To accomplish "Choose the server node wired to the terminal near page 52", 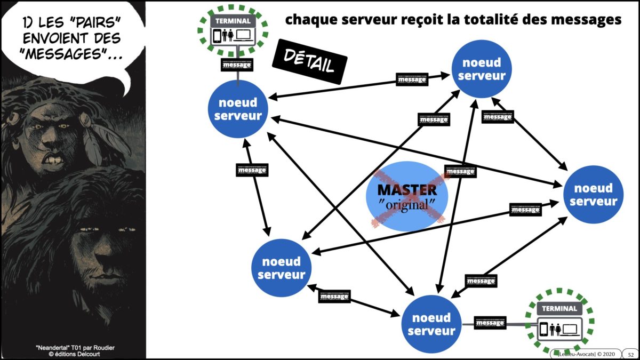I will click(x=429, y=324).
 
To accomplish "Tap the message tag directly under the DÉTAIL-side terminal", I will click(x=236, y=65).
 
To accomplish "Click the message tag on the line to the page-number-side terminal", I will click(x=490, y=323).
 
